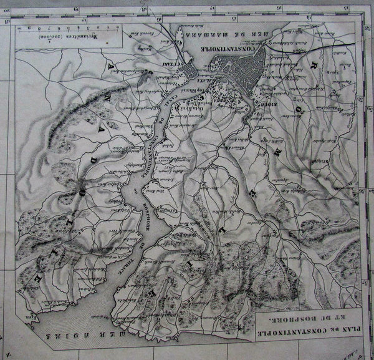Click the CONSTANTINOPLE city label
click(231, 48)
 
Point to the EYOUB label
click(260, 98)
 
